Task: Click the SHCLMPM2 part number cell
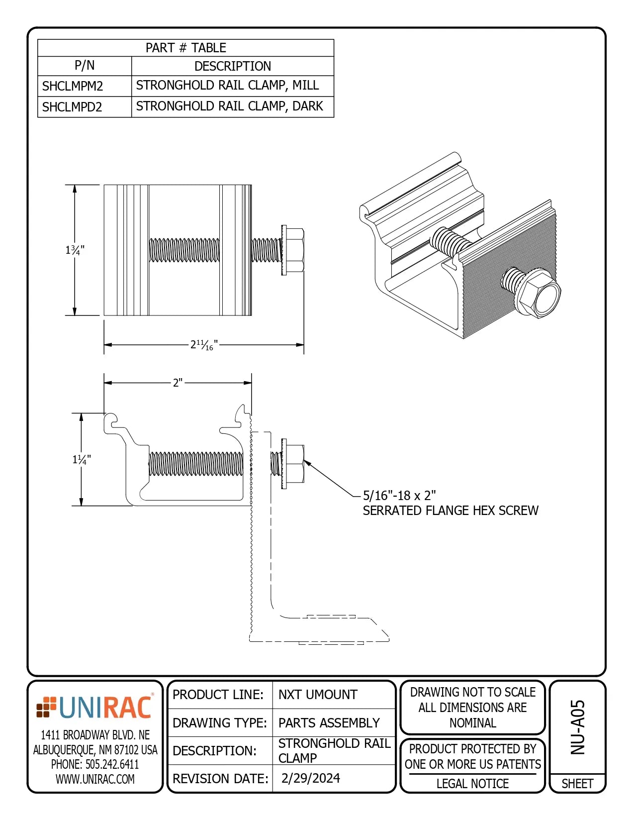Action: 73,86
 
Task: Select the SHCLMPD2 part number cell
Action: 72,107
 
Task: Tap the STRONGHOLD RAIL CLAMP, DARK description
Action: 229,106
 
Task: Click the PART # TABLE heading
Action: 185,48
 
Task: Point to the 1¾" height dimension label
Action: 75,250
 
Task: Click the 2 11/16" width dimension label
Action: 204,344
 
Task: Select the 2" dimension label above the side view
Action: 178,383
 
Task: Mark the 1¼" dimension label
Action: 82,459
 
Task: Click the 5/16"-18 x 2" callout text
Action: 399,496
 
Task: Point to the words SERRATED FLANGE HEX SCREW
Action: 450,511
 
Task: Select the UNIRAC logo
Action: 95,708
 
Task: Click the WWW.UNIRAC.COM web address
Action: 95,779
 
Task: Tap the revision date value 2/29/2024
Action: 310,778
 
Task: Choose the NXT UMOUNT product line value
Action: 318,695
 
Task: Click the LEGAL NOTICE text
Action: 472,784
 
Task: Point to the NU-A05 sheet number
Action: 577,727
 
